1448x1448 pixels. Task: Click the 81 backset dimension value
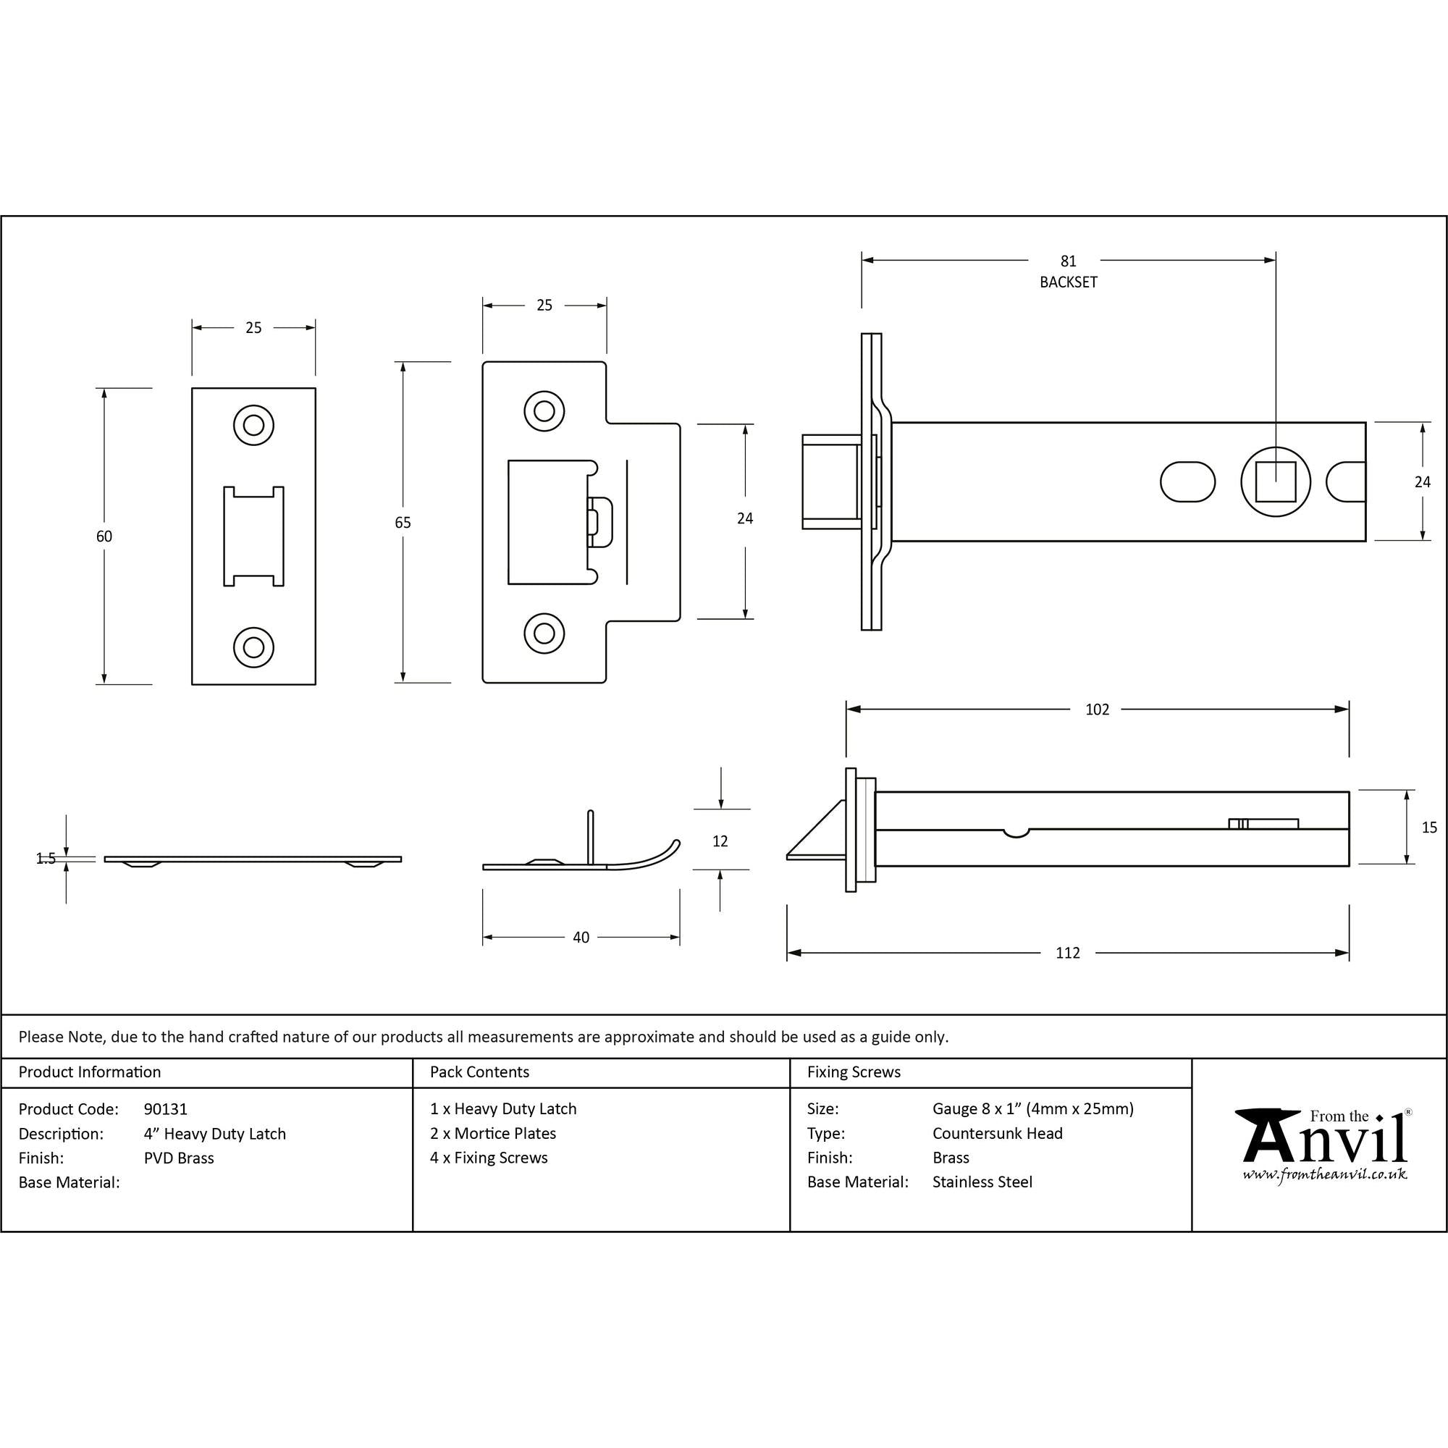tap(1068, 261)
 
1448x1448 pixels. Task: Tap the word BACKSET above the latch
tap(1068, 282)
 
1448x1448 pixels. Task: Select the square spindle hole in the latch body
tap(1275, 481)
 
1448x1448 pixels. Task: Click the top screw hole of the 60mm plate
tap(253, 425)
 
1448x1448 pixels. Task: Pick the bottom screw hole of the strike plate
tap(544, 633)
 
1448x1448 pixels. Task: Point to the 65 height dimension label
tap(403, 523)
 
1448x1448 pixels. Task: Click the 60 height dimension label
tap(104, 536)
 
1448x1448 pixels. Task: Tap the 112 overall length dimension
tap(1067, 953)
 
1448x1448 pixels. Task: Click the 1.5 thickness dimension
tap(46, 859)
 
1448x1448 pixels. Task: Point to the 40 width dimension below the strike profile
tap(581, 937)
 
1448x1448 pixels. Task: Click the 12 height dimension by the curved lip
tap(720, 841)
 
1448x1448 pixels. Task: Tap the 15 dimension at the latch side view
tap(1428, 828)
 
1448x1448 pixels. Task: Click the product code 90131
tap(166, 1108)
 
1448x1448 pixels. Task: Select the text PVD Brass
tap(178, 1158)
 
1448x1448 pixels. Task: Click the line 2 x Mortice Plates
tap(492, 1133)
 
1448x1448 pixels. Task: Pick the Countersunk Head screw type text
tap(997, 1133)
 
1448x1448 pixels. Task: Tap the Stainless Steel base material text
tap(982, 1182)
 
